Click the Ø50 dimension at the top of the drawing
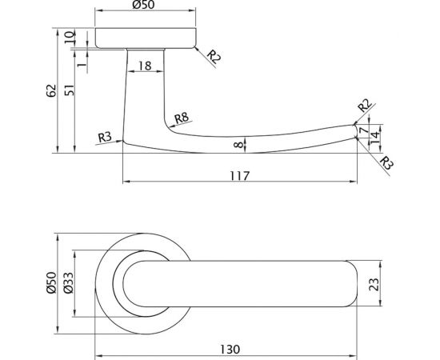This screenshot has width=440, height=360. [146, 7]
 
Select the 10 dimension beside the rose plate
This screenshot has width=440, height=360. [70, 37]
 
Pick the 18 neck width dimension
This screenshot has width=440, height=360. [145, 66]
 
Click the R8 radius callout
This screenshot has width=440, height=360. [181, 118]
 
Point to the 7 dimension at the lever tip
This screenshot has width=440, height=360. [364, 130]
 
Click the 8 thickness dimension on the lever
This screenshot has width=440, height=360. [237, 144]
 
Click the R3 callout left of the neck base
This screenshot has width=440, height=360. [104, 137]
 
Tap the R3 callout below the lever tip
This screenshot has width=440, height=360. [387, 165]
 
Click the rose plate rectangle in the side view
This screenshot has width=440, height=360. [146, 38]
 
